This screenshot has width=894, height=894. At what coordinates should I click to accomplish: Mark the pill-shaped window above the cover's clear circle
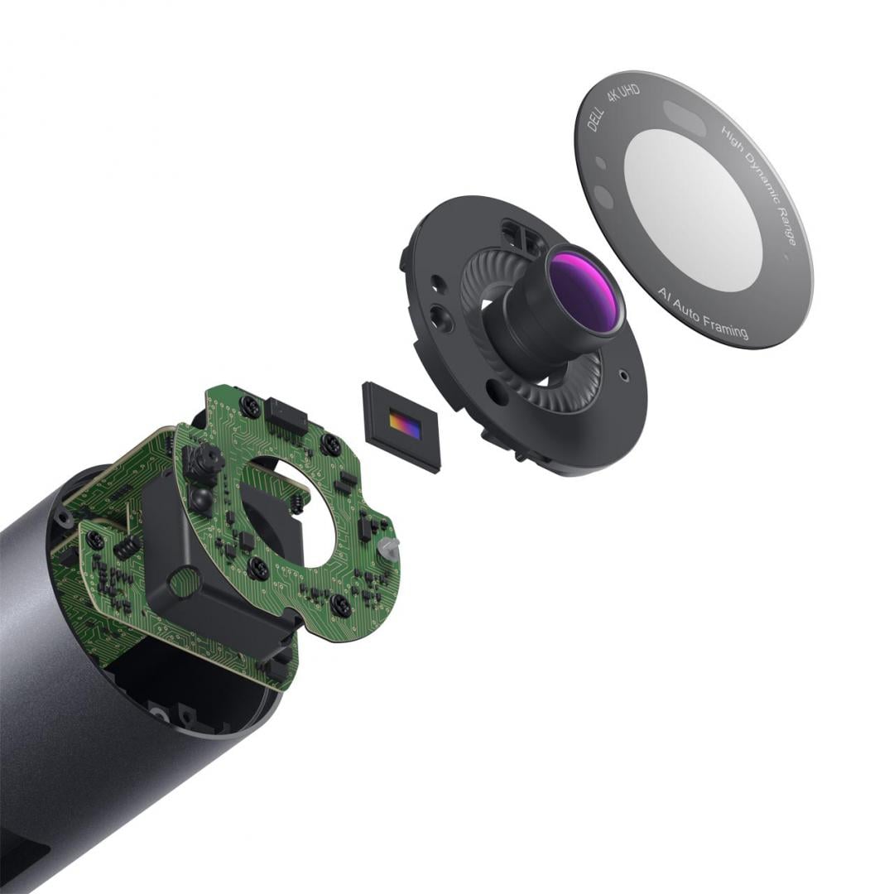pyautogui.click(x=685, y=118)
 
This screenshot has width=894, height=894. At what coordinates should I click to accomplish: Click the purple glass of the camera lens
pyautogui.click(x=584, y=291)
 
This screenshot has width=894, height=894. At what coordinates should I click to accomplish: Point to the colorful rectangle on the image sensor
pyautogui.click(x=405, y=425)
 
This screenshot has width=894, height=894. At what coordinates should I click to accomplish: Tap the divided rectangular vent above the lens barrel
pyautogui.click(x=523, y=239)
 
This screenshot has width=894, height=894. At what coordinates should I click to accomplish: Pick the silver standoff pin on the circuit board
pyautogui.click(x=388, y=546)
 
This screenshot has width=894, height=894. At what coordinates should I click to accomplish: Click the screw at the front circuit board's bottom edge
pyautogui.click(x=340, y=605)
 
